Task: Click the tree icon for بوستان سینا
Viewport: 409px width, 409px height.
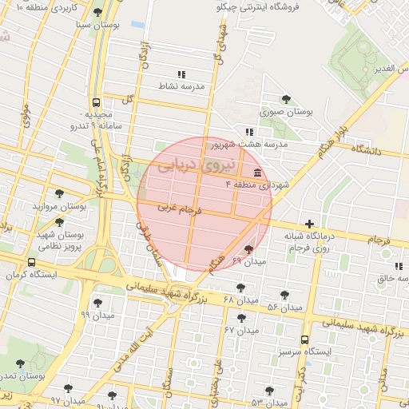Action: coord(97,13)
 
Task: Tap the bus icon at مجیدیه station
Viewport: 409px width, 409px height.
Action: coord(96,102)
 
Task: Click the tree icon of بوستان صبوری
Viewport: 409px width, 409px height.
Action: coord(286,99)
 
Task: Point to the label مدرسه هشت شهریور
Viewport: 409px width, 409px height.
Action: coord(248,145)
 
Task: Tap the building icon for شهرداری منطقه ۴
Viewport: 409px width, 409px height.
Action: coord(257,173)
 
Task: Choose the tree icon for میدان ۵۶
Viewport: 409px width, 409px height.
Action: coord(284,295)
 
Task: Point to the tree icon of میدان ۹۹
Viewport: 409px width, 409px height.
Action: coord(97,303)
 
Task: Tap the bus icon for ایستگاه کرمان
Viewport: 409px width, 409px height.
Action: coord(31,262)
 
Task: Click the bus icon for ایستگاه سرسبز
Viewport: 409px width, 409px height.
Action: coord(304,339)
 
